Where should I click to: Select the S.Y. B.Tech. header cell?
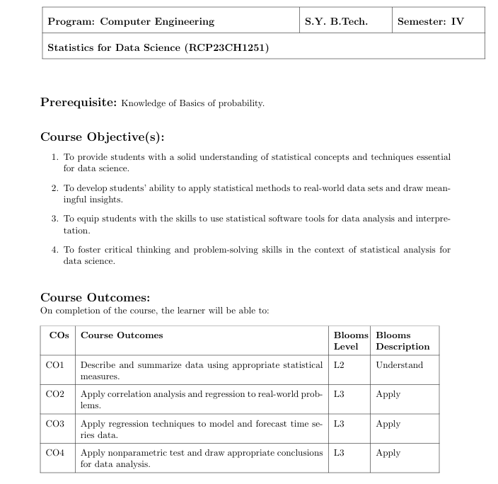click(x=336, y=21)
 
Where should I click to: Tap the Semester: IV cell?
click(x=430, y=21)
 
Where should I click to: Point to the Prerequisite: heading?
click(x=79, y=102)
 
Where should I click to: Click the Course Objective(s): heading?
click(x=102, y=137)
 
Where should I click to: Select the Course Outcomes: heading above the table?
click(x=95, y=297)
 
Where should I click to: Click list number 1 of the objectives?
click(x=55, y=157)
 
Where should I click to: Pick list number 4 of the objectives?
click(x=55, y=250)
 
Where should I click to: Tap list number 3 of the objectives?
click(x=55, y=219)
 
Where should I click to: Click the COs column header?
click(x=59, y=335)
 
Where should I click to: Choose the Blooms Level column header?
click(x=351, y=341)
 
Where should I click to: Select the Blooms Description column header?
click(x=403, y=341)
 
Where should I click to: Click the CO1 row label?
click(x=55, y=365)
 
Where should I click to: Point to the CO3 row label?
click(x=55, y=424)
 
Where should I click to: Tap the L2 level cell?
click(x=339, y=365)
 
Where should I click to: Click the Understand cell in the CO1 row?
click(x=399, y=365)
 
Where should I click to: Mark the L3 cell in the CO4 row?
click(x=339, y=453)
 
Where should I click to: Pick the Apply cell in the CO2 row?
click(x=388, y=394)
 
